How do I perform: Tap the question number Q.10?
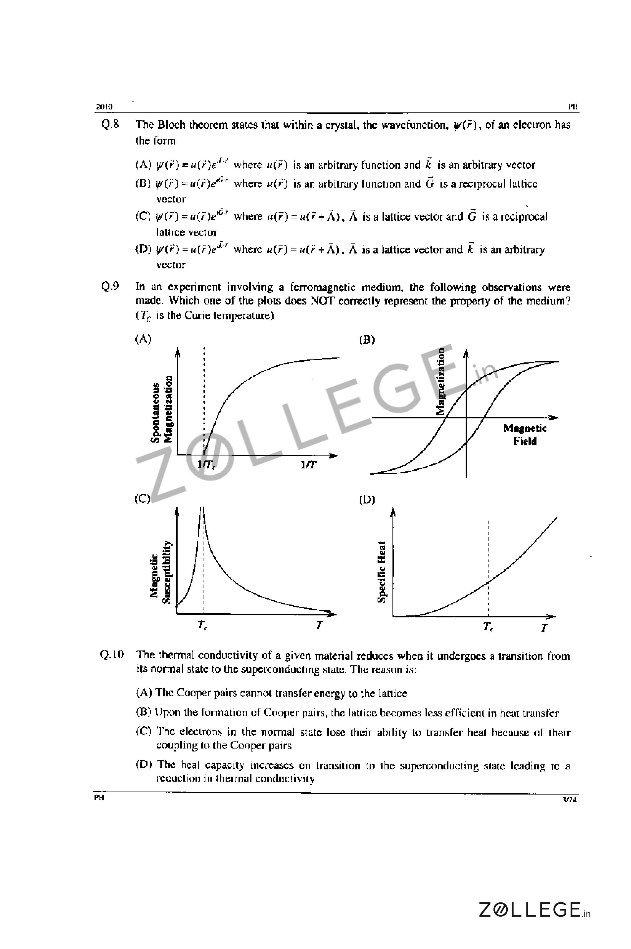click(x=111, y=654)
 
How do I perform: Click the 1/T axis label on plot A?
click(x=309, y=465)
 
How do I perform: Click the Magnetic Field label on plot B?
click(x=525, y=435)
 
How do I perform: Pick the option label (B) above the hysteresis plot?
click(x=367, y=340)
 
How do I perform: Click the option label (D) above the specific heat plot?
click(x=367, y=500)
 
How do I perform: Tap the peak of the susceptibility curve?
click(x=202, y=509)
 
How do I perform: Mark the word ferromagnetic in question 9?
click(x=320, y=287)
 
